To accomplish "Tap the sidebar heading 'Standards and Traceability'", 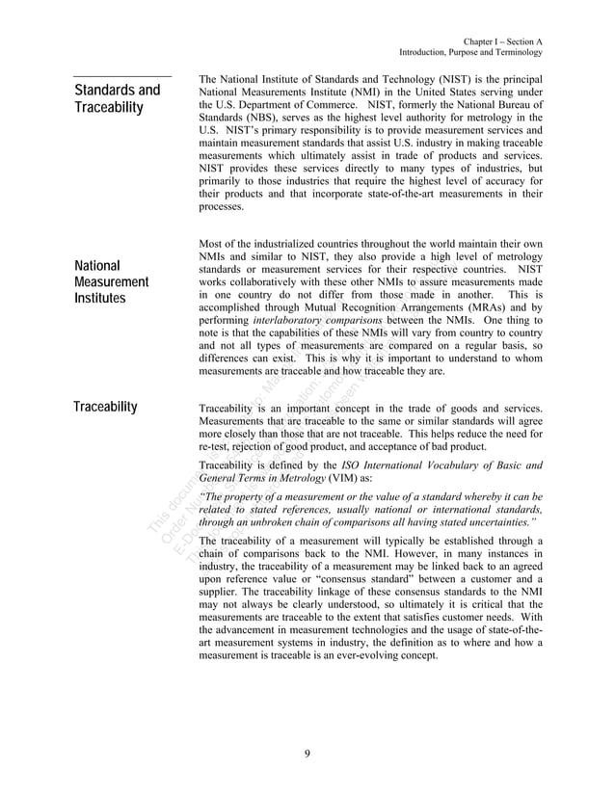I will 118,99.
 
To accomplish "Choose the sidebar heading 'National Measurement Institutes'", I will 111,281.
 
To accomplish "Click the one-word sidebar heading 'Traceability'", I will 106,407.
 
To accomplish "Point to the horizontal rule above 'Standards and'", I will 122,75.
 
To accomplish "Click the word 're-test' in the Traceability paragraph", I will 215,447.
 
